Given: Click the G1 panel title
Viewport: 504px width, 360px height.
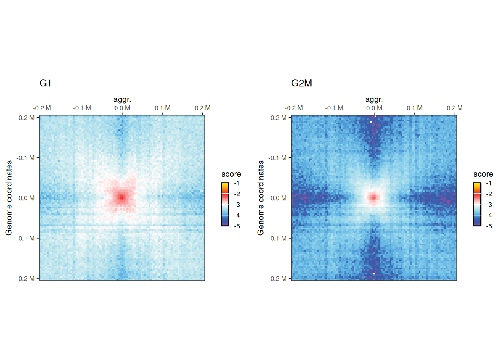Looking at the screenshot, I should click(45, 83).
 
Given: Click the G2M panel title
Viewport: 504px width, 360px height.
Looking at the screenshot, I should click(301, 83).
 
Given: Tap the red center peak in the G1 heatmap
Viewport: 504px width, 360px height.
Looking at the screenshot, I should click(121, 197).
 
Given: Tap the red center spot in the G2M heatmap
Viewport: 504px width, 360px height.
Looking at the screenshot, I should click(373, 198).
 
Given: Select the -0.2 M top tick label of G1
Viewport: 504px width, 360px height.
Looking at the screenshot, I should click(42, 108).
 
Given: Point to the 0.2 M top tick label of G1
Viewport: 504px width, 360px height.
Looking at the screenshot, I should click(202, 108).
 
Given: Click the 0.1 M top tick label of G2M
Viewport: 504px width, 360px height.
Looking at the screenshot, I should click(414, 108).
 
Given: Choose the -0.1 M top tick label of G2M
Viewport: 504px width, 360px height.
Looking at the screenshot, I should click(334, 108).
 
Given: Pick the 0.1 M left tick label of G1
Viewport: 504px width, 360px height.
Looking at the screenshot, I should click(27, 238).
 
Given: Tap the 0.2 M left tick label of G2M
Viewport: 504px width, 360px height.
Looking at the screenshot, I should click(279, 278).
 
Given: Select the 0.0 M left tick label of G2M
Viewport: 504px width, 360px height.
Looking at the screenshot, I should click(279, 198).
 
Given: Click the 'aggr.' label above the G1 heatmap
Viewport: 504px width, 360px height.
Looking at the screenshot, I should click(122, 99).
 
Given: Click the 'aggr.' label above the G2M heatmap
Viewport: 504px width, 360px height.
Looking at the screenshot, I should click(374, 99).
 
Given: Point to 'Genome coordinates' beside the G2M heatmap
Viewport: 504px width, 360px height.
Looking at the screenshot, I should click(261, 198).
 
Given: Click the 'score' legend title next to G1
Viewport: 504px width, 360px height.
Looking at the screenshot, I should click(231, 174).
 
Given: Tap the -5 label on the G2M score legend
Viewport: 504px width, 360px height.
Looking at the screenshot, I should click(489, 226).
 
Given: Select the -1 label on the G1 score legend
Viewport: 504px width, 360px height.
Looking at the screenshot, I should click(237, 183).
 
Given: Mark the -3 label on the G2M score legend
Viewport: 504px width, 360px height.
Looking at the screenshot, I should click(489, 205).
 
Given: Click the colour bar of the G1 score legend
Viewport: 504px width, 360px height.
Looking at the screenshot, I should click(225, 204).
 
